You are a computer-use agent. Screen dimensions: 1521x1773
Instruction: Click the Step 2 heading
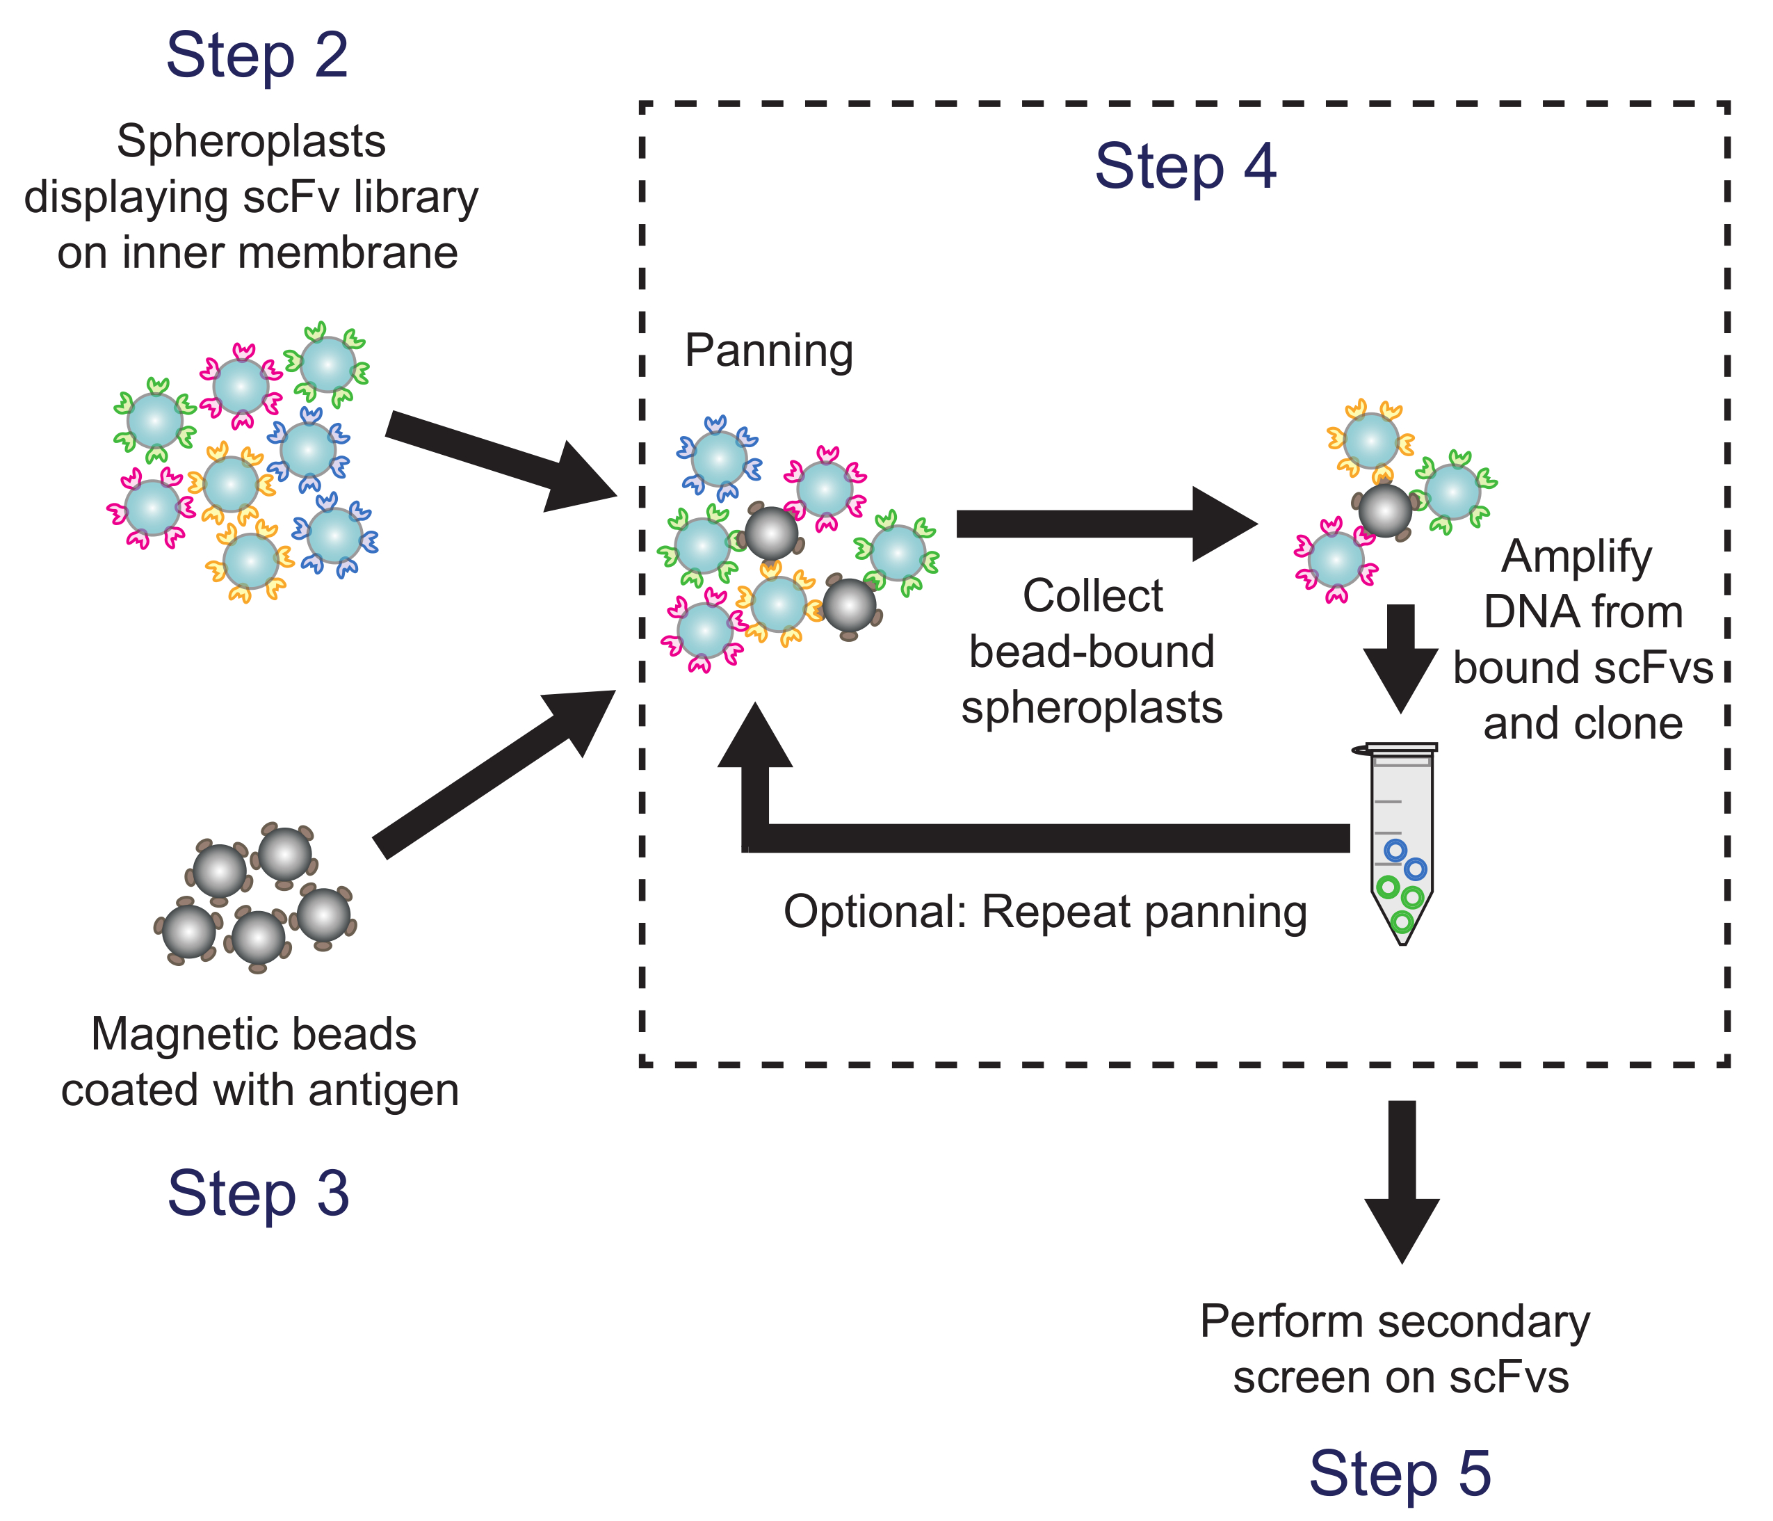point(257,56)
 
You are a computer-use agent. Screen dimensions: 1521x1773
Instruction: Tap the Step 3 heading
point(259,1193)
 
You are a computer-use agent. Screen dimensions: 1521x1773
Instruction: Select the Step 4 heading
point(1185,166)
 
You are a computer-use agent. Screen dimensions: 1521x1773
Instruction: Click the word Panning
point(768,351)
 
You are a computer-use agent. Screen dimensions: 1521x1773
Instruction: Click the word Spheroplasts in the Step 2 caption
point(251,141)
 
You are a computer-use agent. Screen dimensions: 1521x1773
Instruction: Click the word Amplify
point(1576,557)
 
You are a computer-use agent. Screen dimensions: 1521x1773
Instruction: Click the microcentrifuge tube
point(1401,843)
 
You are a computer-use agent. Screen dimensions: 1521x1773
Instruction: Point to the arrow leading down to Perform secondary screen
point(1401,1181)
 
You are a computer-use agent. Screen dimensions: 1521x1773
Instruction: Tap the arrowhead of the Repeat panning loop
point(754,736)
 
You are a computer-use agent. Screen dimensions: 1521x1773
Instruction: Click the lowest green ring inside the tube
point(1401,922)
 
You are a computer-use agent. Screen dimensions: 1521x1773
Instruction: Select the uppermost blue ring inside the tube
point(1395,850)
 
